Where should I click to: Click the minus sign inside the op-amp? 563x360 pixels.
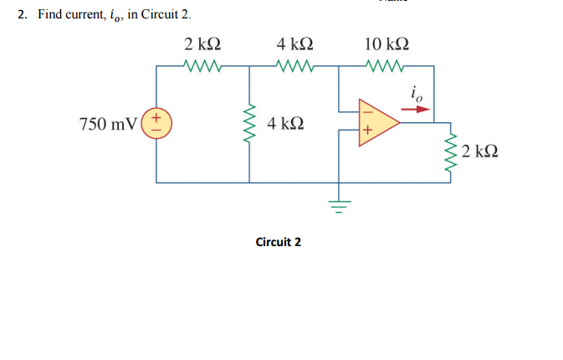tap(365, 107)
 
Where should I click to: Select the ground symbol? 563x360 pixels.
tap(339, 202)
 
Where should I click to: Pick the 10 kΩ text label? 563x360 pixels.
tap(386, 44)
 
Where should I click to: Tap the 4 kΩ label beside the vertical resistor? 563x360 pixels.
tap(285, 124)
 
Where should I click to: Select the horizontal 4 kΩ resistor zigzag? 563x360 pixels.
tap(294, 65)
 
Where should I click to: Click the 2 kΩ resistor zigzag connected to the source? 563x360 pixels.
tap(202, 65)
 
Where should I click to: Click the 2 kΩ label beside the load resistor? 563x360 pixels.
tap(482, 152)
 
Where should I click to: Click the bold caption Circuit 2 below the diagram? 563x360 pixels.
tap(278, 242)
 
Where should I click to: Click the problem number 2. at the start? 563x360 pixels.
tap(23, 16)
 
